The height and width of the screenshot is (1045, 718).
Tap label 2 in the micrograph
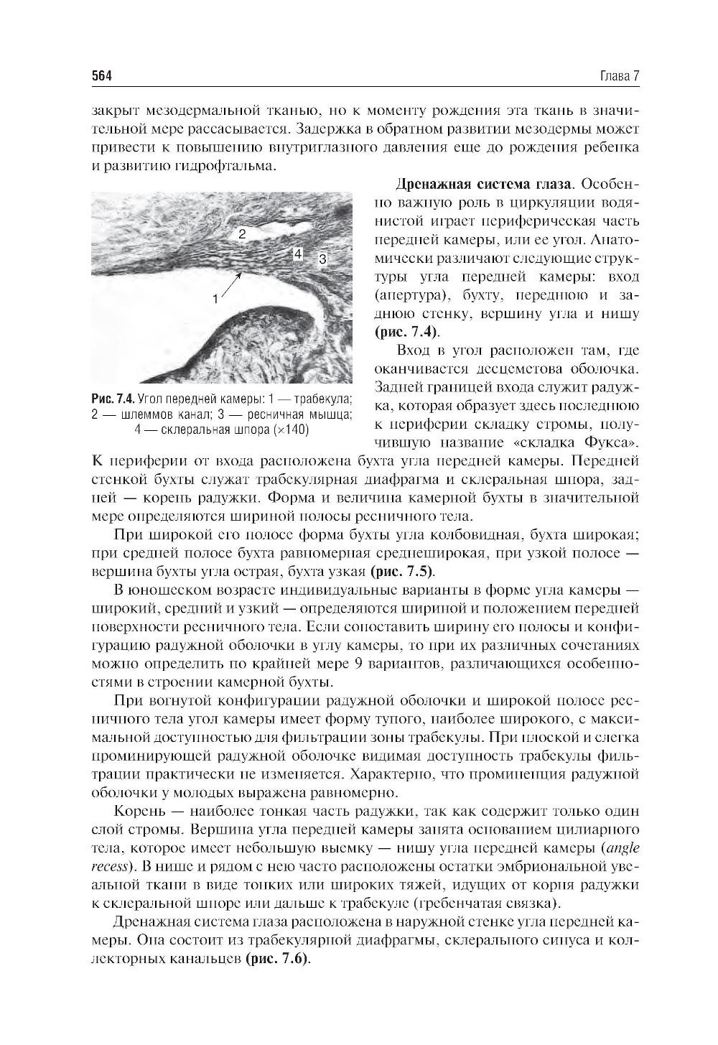click(242, 233)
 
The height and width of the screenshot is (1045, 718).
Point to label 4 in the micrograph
click(298, 254)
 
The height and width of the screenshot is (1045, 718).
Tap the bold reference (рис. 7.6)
click(278, 960)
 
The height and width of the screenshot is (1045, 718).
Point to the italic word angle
click(622, 847)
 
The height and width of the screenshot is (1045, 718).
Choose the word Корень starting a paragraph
click(138, 812)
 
